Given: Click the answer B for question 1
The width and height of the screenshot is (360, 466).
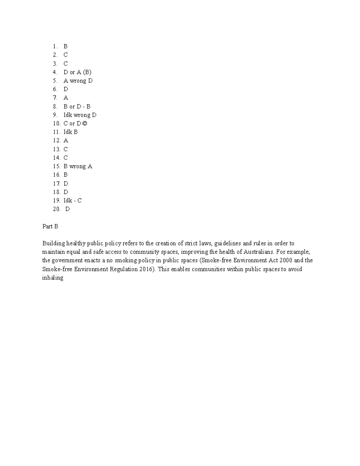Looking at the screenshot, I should click(65, 46).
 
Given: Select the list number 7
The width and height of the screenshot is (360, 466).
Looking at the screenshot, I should click(55, 98).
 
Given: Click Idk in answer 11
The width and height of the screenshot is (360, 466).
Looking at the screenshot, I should click(67, 132).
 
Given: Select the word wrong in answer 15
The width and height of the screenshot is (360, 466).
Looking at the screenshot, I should click(77, 167).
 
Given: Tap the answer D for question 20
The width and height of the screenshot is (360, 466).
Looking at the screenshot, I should click(67, 209).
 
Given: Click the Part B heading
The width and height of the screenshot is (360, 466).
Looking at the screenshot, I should click(50, 227).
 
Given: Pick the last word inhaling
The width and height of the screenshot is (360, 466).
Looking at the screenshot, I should click(52, 278).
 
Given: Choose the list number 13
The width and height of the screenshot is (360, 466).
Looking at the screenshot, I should click(56, 149).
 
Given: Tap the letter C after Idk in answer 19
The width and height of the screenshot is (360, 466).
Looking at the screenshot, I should click(79, 201).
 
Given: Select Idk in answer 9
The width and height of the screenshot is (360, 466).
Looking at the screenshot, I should click(67, 115).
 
